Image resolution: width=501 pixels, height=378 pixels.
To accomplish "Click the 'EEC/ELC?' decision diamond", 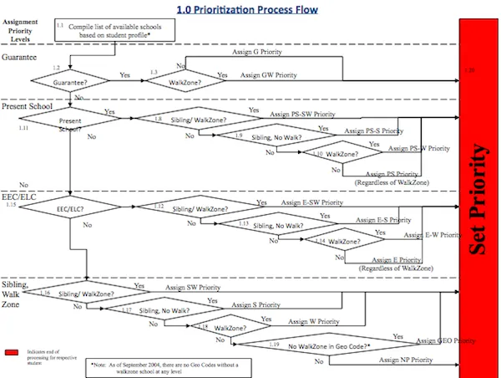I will point(72,210).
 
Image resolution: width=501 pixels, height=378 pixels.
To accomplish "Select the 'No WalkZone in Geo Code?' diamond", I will point(328,345).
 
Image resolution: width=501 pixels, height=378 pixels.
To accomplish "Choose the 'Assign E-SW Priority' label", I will point(310,202).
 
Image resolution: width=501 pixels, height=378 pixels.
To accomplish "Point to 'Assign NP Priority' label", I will point(406,359).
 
